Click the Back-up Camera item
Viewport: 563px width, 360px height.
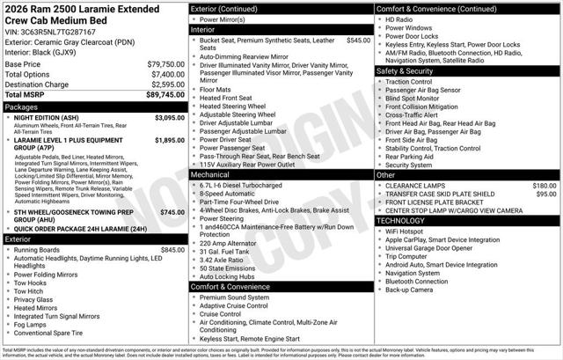coord(409,290)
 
